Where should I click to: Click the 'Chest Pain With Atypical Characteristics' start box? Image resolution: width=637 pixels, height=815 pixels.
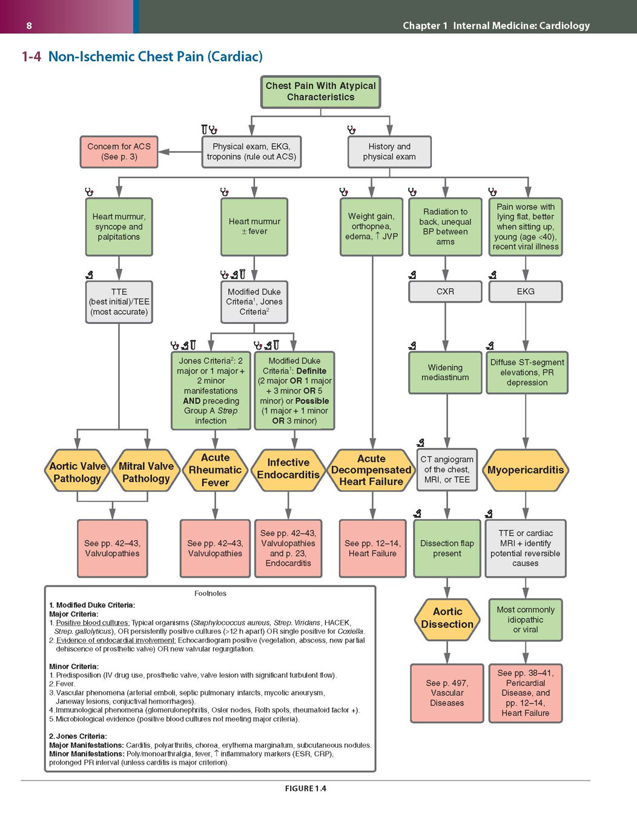[x=320, y=91]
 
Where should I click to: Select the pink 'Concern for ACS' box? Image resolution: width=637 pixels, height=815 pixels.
[x=119, y=151]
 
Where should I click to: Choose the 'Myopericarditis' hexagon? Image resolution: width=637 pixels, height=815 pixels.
[x=525, y=470]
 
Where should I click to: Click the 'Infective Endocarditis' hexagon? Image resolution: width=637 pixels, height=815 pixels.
[x=288, y=470]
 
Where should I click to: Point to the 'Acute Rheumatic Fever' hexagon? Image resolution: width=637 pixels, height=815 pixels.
[x=215, y=470]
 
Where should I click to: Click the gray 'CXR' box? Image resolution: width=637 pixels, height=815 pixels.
[x=445, y=291]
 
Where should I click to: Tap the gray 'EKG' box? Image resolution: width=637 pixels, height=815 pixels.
[x=525, y=291]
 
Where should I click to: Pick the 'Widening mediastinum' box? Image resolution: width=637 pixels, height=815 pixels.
[x=445, y=372]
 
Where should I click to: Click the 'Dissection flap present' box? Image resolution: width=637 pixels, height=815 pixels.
[x=447, y=548]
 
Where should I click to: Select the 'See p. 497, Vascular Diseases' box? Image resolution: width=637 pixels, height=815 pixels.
[x=447, y=693]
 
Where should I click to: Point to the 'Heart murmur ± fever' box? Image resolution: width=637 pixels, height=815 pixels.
[x=254, y=226]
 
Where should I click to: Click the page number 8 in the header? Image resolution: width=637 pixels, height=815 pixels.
[x=29, y=25]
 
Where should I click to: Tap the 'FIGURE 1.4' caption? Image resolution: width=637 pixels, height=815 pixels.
[x=306, y=788]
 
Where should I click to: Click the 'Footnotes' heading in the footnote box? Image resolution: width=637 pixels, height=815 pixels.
[x=210, y=593]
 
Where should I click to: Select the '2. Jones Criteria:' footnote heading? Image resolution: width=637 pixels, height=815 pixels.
[x=78, y=736]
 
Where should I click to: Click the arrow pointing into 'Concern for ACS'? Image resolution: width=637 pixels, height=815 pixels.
[x=180, y=152]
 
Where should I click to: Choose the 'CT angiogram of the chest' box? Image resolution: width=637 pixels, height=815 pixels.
[x=447, y=470]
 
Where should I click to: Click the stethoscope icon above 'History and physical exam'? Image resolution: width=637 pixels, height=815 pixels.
[x=351, y=130]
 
